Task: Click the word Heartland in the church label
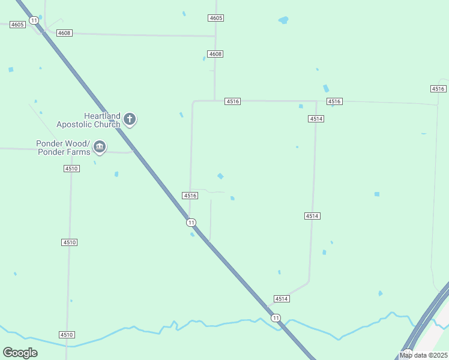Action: (x=102, y=116)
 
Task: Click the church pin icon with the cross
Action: (x=130, y=119)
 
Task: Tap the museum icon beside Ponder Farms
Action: (x=100, y=147)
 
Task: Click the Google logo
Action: (x=20, y=353)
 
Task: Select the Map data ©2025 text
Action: (x=423, y=355)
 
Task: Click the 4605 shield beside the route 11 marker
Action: (x=17, y=25)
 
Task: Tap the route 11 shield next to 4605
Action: (x=34, y=20)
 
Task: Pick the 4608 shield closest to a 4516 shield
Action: (x=215, y=54)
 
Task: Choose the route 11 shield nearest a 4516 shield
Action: (x=190, y=223)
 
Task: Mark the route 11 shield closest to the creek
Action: (x=275, y=317)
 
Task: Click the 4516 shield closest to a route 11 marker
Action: (x=190, y=196)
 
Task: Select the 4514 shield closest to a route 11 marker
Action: (x=282, y=299)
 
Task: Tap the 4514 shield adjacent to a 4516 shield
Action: (x=316, y=119)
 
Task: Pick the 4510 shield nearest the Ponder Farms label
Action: (x=71, y=169)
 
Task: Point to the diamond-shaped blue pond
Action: (x=221, y=176)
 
